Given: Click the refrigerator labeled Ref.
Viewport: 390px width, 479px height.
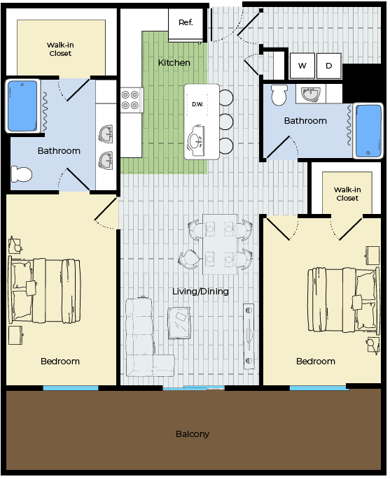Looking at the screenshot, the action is point(186,24).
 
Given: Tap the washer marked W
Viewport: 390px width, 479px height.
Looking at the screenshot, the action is point(302,66).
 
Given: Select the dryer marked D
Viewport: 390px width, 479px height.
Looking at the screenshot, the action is point(329,66).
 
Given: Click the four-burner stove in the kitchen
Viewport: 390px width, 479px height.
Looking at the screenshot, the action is point(132,100).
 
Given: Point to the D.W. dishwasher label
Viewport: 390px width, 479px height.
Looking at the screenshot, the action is point(197,104).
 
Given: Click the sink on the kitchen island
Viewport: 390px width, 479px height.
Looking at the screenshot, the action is point(196,141).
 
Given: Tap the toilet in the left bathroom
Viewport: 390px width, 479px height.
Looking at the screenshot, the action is point(22,174).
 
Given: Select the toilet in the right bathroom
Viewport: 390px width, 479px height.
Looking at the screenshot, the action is point(279,94).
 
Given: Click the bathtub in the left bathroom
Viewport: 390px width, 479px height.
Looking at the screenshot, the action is point(22,106).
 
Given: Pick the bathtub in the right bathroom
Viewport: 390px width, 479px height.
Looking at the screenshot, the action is point(368,131).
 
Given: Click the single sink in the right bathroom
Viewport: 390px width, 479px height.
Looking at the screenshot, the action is point(311,94).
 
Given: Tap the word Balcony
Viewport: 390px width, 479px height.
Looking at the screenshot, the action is point(193,434).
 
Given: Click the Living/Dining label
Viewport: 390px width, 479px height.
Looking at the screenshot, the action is point(200,292).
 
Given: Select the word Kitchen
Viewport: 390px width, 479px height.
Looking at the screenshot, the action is point(174,63).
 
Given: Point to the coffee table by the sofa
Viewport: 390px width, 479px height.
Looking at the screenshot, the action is point(179,323).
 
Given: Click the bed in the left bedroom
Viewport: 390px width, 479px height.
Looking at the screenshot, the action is point(46,290).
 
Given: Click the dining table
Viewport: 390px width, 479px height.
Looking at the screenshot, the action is point(220,244).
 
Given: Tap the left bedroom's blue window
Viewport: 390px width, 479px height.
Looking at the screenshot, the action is point(71,388).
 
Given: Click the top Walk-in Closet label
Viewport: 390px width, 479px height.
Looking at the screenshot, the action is point(60,49).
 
